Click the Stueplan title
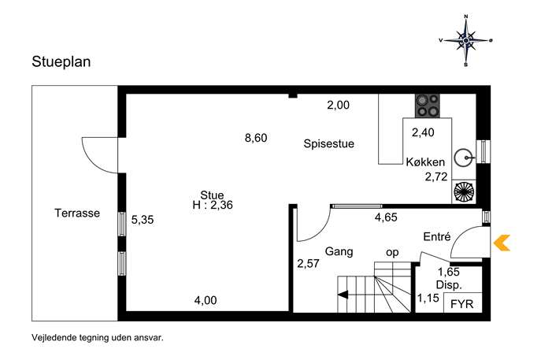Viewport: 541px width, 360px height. point(61,62)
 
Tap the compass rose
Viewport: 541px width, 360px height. point(465,40)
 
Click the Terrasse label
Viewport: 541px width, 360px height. point(77,213)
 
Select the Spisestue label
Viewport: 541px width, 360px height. point(329,143)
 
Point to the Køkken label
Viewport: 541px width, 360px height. point(425,161)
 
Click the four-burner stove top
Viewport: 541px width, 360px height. point(428,106)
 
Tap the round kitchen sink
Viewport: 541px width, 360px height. point(463,158)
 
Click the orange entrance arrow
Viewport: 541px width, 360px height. point(502,243)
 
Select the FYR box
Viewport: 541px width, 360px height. point(462,302)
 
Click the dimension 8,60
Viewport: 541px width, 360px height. point(256,138)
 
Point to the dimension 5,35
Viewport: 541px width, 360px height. point(143,220)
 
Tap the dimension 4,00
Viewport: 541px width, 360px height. point(206,300)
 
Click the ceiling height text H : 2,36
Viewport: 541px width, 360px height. point(213,205)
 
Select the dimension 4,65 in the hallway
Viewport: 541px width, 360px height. point(386,217)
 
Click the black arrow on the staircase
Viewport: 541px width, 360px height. point(343,295)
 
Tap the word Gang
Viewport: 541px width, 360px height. point(339,251)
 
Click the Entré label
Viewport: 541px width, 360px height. point(437,236)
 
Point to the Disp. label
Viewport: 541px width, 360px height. point(449,285)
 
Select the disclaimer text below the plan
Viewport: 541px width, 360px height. point(98,338)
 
